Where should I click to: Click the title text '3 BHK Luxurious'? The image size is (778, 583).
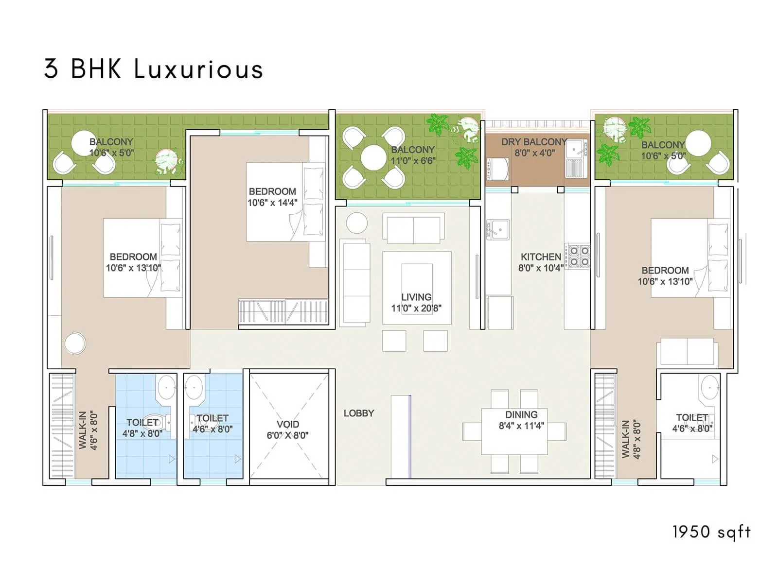[x=154, y=69]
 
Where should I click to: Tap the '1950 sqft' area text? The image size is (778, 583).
[x=711, y=532]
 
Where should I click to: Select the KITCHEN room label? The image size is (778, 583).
[x=541, y=257]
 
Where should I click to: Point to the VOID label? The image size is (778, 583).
[x=287, y=425]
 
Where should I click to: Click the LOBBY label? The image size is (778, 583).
[x=359, y=413]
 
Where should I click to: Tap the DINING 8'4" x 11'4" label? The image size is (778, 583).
[x=521, y=420]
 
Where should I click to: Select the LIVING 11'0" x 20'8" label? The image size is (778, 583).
[x=416, y=302]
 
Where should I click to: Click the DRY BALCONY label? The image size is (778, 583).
[x=534, y=142]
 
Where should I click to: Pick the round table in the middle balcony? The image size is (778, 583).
[x=373, y=157]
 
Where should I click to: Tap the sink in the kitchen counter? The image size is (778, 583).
[x=498, y=228]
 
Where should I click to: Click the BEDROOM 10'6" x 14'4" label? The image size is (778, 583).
[x=272, y=197]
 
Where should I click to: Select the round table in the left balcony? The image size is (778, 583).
[x=84, y=143]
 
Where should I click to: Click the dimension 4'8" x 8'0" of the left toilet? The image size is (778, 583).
[x=142, y=433]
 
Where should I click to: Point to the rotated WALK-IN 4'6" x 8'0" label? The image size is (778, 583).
[x=88, y=430]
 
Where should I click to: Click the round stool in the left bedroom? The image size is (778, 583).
[x=75, y=343]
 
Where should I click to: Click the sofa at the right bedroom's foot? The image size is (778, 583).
[x=687, y=351]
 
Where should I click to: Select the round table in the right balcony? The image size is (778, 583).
[x=698, y=143]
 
